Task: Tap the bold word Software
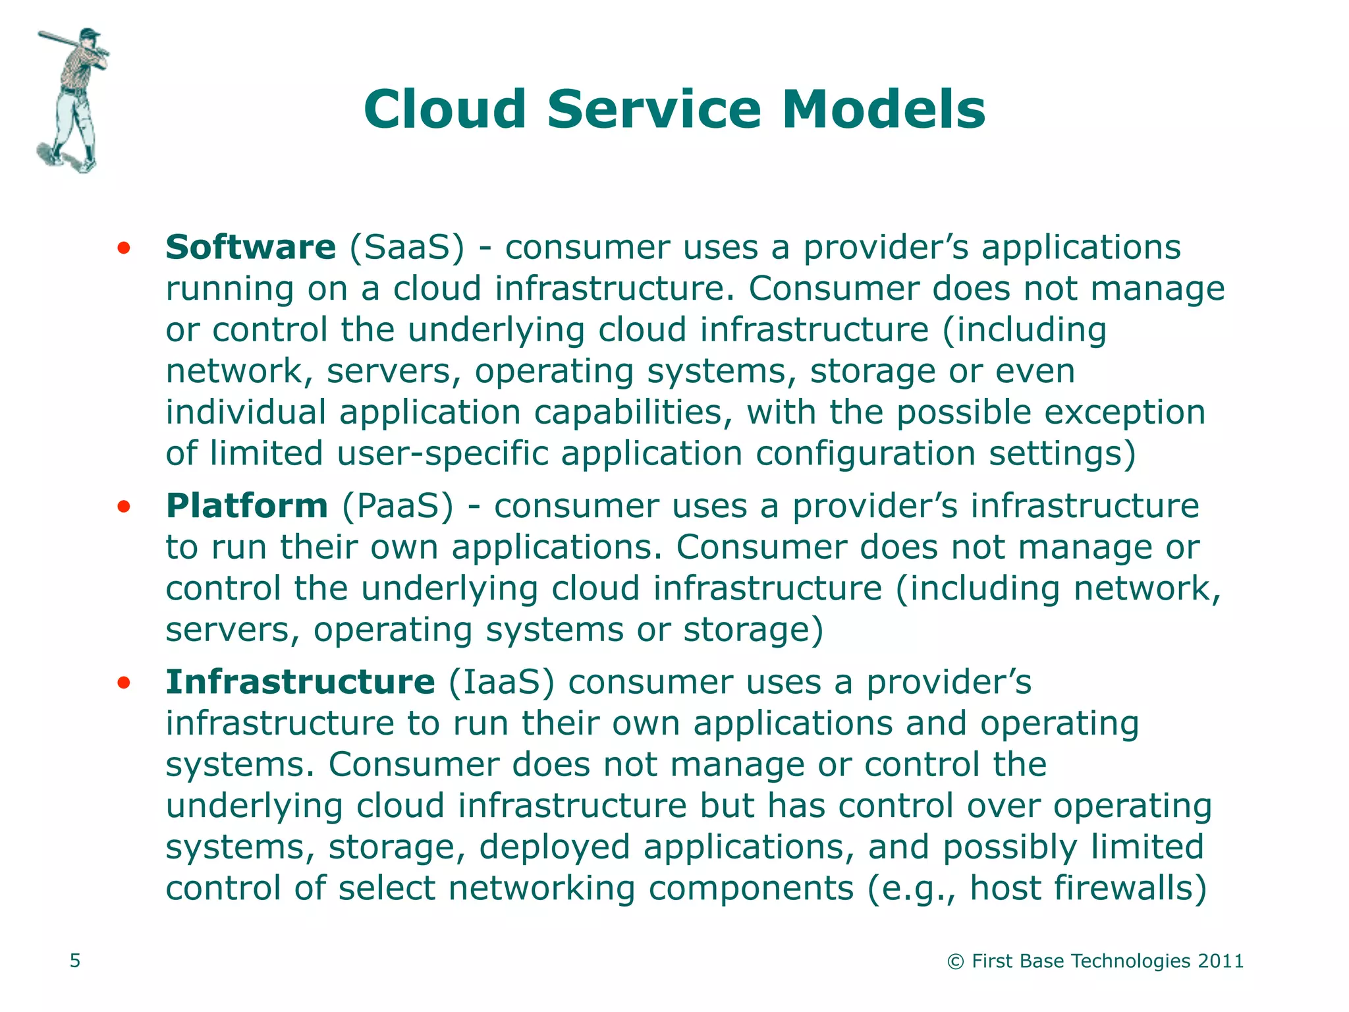tap(250, 248)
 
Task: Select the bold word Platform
tap(246, 506)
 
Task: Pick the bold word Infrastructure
tap(300, 682)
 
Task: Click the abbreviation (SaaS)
tap(406, 248)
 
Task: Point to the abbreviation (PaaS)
tap(398, 506)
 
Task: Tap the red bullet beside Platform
tap(123, 507)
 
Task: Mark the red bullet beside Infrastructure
tap(123, 683)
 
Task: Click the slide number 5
tap(75, 961)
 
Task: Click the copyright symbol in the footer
tap(955, 962)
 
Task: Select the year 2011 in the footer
tap(1221, 961)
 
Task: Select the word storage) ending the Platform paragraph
tap(753, 630)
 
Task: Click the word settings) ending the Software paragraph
tap(1062, 454)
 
